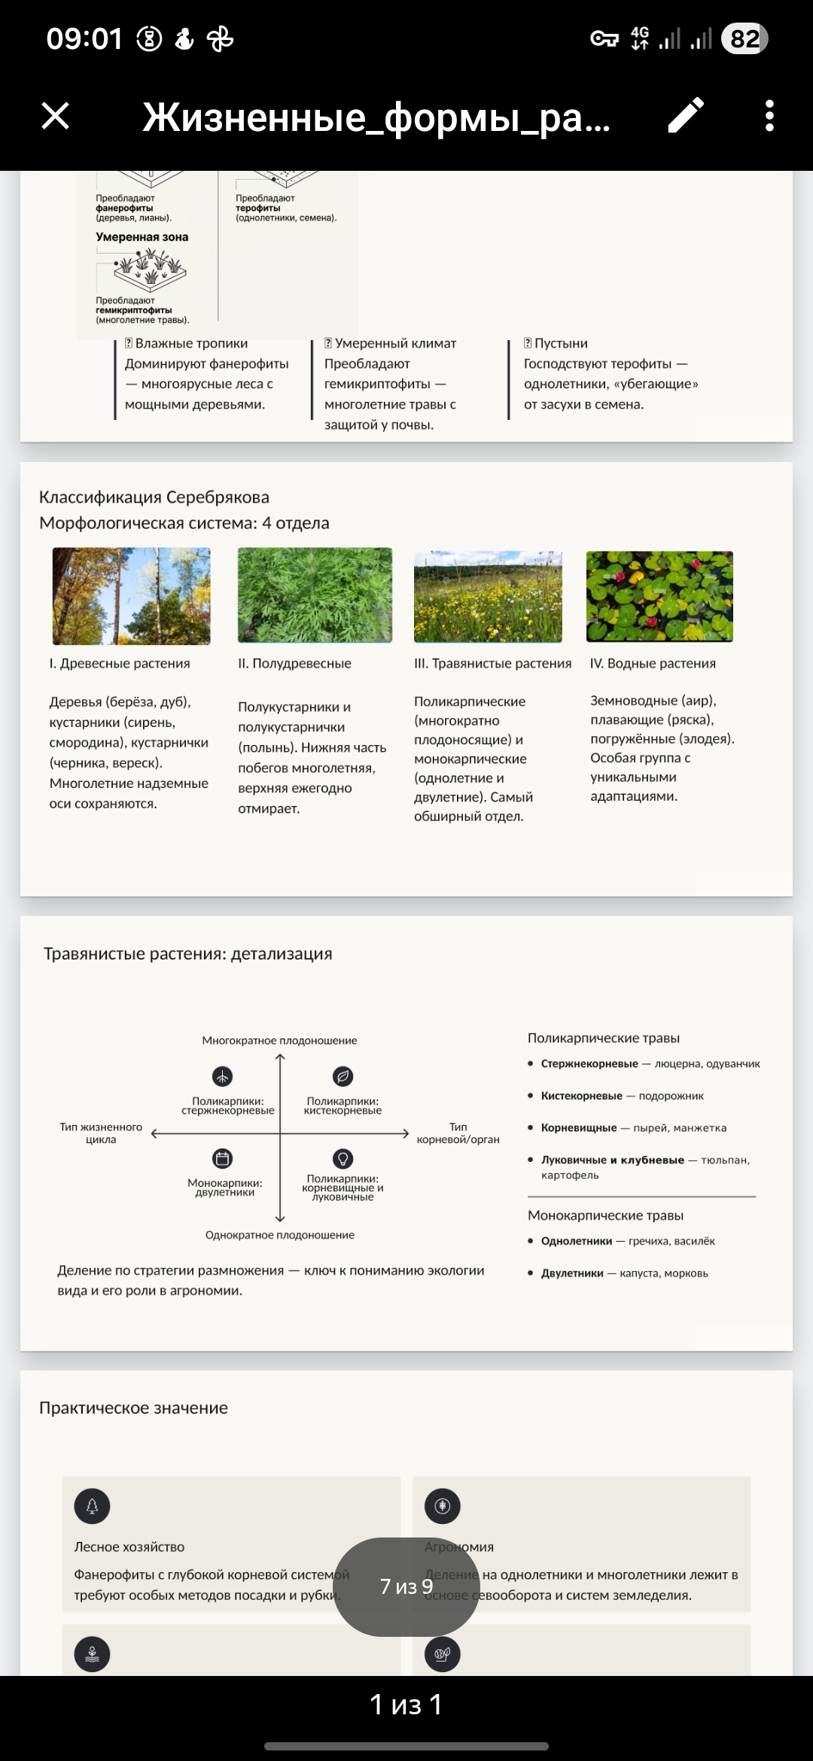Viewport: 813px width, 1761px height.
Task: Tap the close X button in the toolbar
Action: pos(55,116)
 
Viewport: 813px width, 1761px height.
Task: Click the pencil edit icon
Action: pos(686,116)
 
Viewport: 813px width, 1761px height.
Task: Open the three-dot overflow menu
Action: pos(769,116)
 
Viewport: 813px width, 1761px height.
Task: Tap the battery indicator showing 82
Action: pos(744,38)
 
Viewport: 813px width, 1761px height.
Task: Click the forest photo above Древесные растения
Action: pos(131,596)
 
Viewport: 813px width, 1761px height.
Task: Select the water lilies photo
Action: pos(659,596)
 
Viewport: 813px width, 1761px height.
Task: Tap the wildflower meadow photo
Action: pos(488,596)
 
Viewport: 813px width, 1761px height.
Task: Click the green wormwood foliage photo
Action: pos(315,595)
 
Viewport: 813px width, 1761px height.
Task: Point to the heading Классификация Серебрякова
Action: pos(154,497)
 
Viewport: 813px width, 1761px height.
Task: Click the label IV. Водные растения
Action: pos(653,663)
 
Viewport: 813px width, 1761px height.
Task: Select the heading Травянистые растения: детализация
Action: pos(188,953)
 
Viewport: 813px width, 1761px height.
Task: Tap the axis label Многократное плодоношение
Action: pos(279,1040)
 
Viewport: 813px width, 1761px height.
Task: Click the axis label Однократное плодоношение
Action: pos(279,1235)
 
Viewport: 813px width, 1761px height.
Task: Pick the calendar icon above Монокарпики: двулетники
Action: pos(223,1158)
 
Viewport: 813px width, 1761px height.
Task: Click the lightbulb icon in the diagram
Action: pos(343,1158)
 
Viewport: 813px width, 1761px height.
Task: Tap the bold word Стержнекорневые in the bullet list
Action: pos(589,1063)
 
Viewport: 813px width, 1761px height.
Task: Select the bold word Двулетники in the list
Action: pos(572,1273)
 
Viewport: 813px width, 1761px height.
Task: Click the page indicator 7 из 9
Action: pos(406,1586)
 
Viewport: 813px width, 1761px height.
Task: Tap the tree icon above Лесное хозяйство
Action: pos(92,1506)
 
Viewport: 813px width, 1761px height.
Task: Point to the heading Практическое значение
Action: pos(133,1408)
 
